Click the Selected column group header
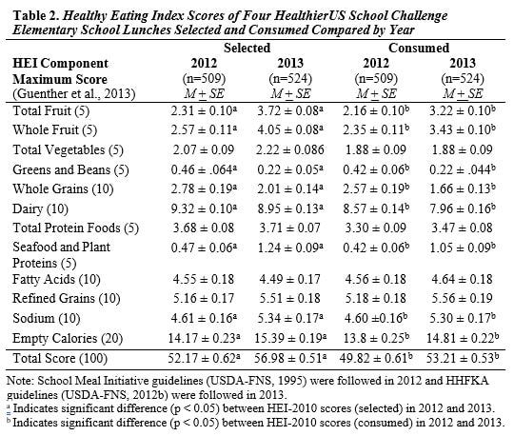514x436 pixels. (247, 47)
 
